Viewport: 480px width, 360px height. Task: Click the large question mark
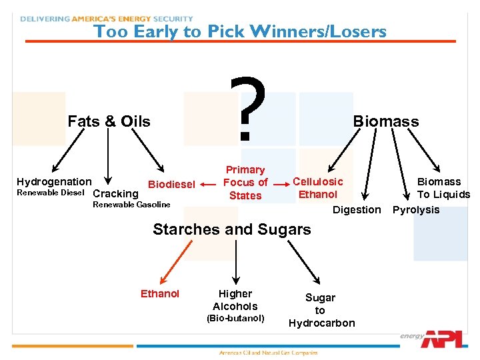[247, 108]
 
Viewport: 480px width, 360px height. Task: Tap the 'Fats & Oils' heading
[109, 121]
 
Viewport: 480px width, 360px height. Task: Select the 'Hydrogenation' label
[54, 182]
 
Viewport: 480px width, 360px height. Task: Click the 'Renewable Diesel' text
[50, 193]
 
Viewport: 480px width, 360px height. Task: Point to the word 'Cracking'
[115, 194]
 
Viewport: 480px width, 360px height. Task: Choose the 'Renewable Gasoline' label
[131, 205]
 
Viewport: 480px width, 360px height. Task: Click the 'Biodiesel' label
[171, 184]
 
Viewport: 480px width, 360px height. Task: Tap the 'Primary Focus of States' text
[245, 183]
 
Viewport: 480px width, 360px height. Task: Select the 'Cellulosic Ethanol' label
[318, 188]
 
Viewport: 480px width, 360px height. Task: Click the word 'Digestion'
[357, 210]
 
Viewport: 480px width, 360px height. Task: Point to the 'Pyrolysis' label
[416, 210]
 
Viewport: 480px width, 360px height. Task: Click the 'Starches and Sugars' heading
[231, 229]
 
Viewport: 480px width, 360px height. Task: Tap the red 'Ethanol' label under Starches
[160, 294]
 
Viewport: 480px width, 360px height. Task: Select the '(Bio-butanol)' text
[235, 318]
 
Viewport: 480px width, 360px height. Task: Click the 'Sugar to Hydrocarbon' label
[321, 311]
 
